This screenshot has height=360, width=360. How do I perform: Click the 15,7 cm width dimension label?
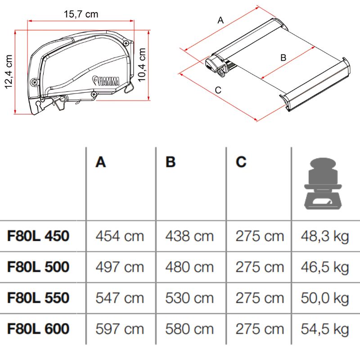point(81,14)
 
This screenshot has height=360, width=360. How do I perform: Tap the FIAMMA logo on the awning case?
point(107,80)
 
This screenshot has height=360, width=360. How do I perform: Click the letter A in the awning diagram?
point(220,20)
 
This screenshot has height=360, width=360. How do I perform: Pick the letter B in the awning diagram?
point(283,58)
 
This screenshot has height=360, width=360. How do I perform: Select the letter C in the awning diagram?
point(218,90)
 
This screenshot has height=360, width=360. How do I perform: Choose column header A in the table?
point(101,162)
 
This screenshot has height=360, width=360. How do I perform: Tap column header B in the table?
point(171,162)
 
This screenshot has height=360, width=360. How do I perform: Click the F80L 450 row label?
point(38,236)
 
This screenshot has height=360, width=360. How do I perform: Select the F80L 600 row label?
point(38,328)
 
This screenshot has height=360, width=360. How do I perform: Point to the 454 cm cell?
point(120,236)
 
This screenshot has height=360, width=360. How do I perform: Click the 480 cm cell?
point(189,267)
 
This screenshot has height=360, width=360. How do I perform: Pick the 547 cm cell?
point(120,298)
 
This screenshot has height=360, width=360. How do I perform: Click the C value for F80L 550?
point(260,298)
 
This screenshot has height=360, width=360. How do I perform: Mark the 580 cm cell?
point(189,328)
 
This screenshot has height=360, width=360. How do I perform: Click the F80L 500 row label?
point(38,267)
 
